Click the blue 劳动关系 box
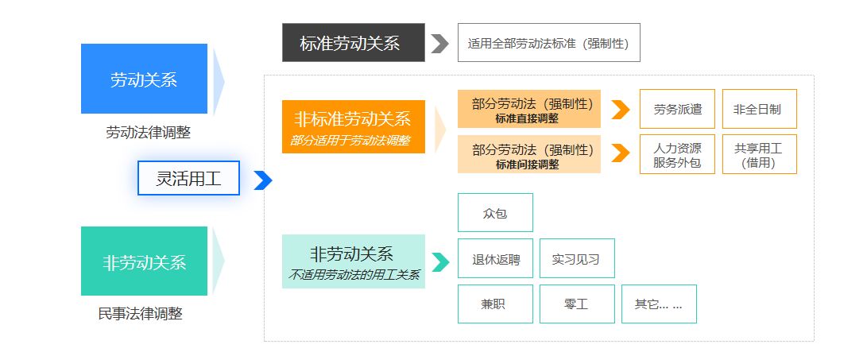144,79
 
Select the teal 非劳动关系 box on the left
144,261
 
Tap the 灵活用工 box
188,178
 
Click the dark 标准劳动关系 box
353,43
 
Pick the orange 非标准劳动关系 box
353,126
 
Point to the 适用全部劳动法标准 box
548,43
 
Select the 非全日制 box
759,109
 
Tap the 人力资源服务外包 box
677,154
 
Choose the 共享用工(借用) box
759,154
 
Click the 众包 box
495,213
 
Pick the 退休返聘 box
495,259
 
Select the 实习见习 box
577,259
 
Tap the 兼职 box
495,304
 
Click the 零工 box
577,304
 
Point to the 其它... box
659,304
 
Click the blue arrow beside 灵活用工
263,180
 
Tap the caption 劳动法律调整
148,133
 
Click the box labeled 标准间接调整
528,154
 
